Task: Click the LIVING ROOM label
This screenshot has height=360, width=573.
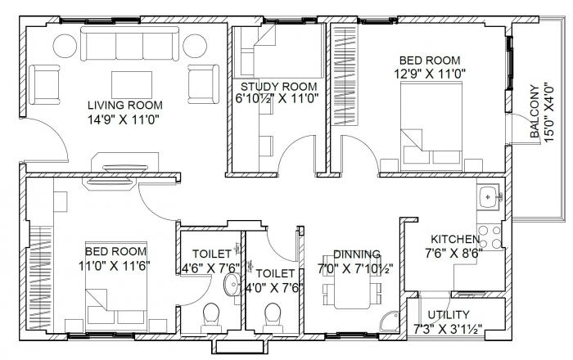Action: pyautogui.click(x=125, y=105)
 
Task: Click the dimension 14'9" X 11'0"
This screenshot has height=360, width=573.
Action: pyautogui.click(x=125, y=119)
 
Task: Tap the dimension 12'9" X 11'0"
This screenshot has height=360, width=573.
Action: pyautogui.click(x=430, y=74)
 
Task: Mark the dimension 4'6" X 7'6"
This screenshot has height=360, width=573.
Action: pyautogui.click(x=209, y=268)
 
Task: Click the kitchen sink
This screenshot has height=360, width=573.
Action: pyautogui.click(x=489, y=197)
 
